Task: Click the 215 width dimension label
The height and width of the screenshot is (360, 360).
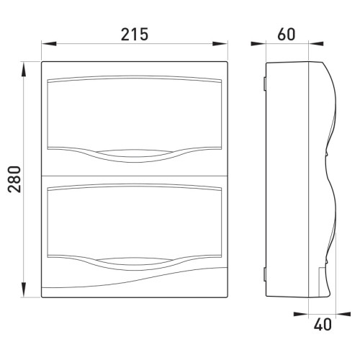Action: click(x=135, y=34)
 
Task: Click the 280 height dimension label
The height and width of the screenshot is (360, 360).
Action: click(x=14, y=179)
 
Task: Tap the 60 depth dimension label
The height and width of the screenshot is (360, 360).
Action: click(x=286, y=34)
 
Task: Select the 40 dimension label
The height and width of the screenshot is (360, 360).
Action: click(x=323, y=325)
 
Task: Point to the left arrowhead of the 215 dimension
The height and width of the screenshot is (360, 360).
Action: click(x=49, y=44)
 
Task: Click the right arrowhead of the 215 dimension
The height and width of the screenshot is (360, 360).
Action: click(x=220, y=44)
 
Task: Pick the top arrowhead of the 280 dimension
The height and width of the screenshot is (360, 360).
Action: click(x=23, y=69)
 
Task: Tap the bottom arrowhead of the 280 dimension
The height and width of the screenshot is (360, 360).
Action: click(x=23, y=290)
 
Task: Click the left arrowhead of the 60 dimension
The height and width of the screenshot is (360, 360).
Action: click(x=258, y=44)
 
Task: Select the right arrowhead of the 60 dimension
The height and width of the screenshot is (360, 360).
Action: click(x=316, y=44)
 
